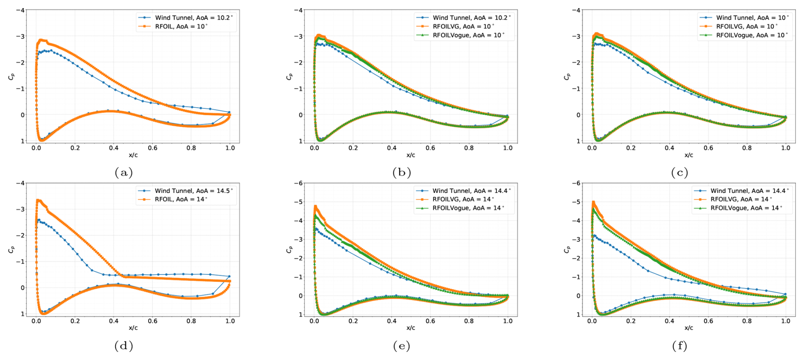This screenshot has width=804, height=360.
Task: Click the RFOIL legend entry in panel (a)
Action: point(181,26)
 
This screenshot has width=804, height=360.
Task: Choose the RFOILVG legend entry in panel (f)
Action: point(741,199)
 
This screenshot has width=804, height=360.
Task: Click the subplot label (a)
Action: point(124,173)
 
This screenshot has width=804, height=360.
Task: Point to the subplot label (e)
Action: point(402,346)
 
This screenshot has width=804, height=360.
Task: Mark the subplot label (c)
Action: point(679,173)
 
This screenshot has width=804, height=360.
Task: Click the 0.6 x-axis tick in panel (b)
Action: point(430,148)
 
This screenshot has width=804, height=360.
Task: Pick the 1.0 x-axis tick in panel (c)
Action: point(785,148)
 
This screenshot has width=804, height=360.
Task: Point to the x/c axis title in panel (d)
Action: point(133,328)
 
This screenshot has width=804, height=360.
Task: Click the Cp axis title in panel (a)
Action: point(11,77)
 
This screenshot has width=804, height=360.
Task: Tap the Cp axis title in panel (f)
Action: point(567,249)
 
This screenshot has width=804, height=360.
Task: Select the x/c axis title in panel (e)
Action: point(410,328)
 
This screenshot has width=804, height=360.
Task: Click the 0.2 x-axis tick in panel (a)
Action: point(75,148)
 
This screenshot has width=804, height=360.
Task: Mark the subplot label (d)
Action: point(124,346)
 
